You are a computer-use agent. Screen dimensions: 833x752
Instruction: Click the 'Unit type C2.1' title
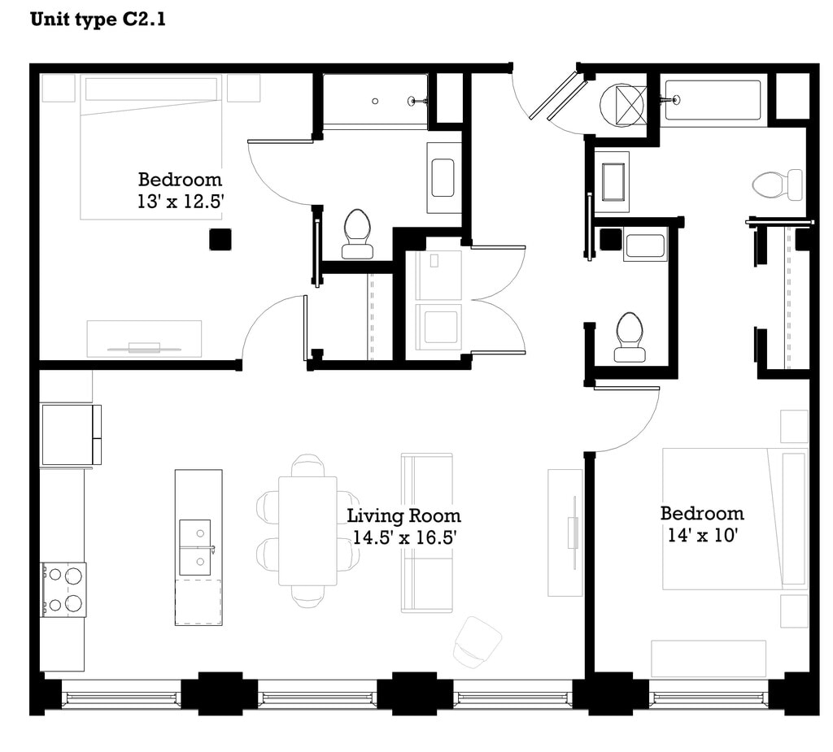(98, 20)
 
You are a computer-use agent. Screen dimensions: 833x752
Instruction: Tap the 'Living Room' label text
(403, 515)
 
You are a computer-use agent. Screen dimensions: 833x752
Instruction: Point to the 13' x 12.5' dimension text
(180, 202)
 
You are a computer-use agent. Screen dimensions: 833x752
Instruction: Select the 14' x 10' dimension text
(702, 535)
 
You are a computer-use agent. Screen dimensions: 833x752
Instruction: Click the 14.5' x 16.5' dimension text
(405, 538)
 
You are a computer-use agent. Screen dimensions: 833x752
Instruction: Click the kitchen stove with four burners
(63, 589)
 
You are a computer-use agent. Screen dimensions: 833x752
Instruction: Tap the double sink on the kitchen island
(195, 547)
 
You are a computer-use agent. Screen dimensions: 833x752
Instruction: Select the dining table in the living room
(307, 531)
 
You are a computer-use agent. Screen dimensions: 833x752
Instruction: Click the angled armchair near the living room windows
(477, 642)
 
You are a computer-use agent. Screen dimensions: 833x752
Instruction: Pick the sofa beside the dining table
(426, 532)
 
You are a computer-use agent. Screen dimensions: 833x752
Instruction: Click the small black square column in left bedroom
(220, 240)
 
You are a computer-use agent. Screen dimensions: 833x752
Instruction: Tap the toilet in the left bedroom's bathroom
(356, 233)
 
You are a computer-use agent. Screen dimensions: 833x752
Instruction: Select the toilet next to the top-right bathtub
(778, 185)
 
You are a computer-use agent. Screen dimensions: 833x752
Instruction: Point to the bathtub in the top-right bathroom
(713, 100)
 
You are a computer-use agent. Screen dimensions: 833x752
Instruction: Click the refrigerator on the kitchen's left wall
(71, 434)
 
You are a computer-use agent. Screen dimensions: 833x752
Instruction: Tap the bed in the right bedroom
(735, 519)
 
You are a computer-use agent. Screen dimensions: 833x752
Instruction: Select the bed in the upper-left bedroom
(150, 147)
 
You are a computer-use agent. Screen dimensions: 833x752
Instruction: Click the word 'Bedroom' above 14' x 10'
(702, 514)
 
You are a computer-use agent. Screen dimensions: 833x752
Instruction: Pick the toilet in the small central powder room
(630, 337)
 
